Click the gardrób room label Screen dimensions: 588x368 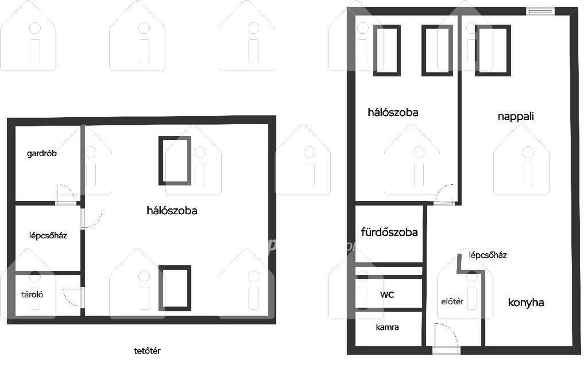[41, 153]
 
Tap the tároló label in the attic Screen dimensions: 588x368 [32, 295]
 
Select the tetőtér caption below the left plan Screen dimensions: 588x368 [148, 351]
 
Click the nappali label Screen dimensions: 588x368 [516, 117]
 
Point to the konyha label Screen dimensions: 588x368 [526, 303]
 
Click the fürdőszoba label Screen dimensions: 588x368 [389, 232]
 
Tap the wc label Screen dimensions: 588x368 [387, 295]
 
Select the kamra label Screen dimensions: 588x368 [388, 327]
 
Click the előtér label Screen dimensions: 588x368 [452, 301]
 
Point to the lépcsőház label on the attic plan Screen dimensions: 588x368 [48, 236]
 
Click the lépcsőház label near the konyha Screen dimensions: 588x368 [488, 255]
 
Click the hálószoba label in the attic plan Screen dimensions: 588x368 [172, 211]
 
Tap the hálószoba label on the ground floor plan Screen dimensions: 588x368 [393, 113]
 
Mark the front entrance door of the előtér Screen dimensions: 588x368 [446, 337]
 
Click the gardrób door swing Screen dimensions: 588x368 [66, 194]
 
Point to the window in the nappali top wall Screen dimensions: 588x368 [541, 11]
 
